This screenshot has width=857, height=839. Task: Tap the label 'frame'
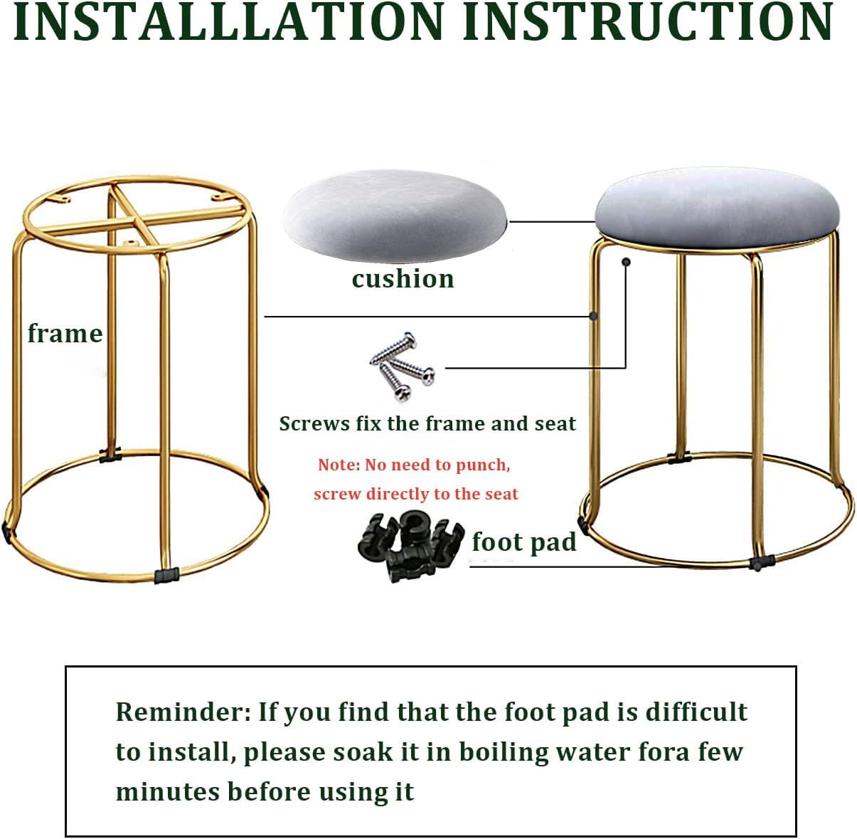tap(65, 333)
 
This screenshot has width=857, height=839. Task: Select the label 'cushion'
tap(403, 278)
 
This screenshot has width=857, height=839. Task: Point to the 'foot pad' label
tap(524, 542)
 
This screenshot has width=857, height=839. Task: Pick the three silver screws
tap(401, 366)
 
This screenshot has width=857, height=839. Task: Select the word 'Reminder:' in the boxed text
tap(183, 712)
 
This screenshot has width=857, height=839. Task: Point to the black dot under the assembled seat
tap(626, 262)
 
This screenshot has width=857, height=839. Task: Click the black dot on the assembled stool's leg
tap(592, 315)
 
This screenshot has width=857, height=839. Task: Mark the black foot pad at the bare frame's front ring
tap(165, 574)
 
